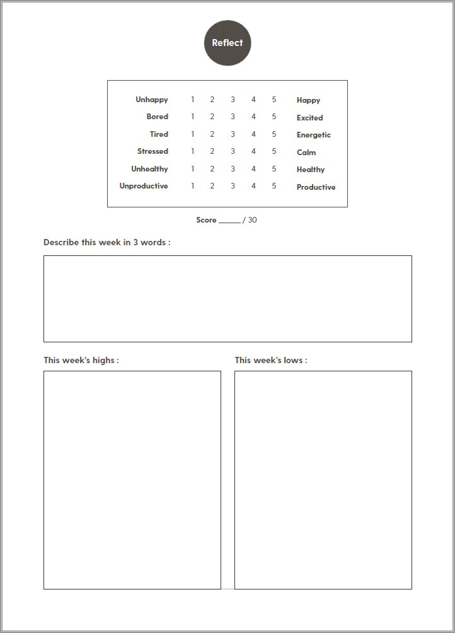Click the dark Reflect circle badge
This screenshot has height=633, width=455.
[227, 43]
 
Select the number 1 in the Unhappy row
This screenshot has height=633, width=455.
[192, 100]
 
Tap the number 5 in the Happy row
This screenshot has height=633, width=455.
[274, 100]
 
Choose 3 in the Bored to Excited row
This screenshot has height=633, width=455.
[233, 117]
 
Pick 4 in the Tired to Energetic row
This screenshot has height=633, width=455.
[253, 134]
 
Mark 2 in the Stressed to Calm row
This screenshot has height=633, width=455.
[212, 151]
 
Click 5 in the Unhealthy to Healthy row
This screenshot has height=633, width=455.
[274, 169]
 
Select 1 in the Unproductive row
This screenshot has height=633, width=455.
[192, 186]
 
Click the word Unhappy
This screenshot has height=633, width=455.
[152, 100]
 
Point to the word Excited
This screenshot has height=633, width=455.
[309, 118]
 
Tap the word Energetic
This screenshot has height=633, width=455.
[313, 135]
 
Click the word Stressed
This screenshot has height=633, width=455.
[153, 151]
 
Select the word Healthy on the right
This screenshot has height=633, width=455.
[311, 170]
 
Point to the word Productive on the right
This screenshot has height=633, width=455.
[316, 187]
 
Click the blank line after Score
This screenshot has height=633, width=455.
[229, 221]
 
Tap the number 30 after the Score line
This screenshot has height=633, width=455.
[252, 220]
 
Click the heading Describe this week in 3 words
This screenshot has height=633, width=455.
[107, 242]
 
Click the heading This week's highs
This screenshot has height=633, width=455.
[81, 360]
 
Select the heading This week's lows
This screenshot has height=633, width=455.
[271, 360]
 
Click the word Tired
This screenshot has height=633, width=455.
[159, 134]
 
